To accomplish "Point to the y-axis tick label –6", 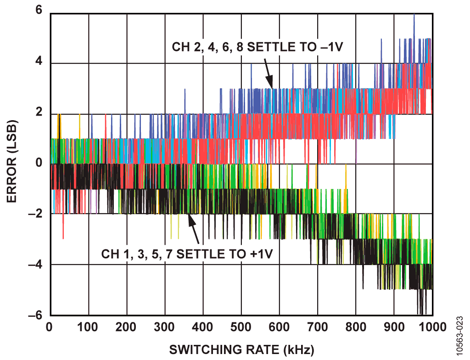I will (35, 316).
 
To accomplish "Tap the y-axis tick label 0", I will (39, 163).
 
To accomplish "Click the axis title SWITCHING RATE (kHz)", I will (241, 350).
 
